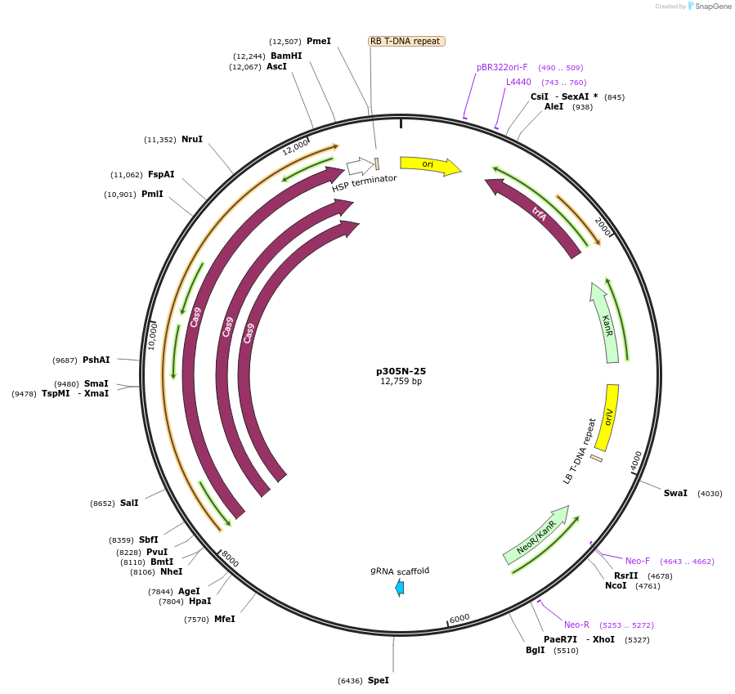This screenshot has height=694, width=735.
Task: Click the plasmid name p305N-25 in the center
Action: (x=401, y=371)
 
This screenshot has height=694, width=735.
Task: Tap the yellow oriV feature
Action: (x=607, y=417)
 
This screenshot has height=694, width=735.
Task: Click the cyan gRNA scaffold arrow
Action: (x=399, y=587)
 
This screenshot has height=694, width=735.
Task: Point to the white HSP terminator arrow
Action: (x=359, y=167)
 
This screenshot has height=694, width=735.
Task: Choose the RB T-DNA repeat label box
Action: (x=406, y=41)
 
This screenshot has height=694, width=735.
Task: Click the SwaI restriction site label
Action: (x=675, y=493)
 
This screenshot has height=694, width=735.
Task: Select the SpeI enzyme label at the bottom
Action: (x=379, y=680)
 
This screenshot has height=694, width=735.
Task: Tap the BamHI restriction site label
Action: (x=286, y=56)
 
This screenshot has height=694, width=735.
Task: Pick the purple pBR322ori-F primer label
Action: (x=502, y=67)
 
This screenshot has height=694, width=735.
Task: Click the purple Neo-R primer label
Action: (x=576, y=625)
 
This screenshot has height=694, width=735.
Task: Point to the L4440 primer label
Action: (x=518, y=82)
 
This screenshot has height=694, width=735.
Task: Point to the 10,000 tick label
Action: (x=153, y=335)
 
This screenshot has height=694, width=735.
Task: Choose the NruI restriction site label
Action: (x=192, y=140)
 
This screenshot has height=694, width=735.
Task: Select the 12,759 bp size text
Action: (x=401, y=382)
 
